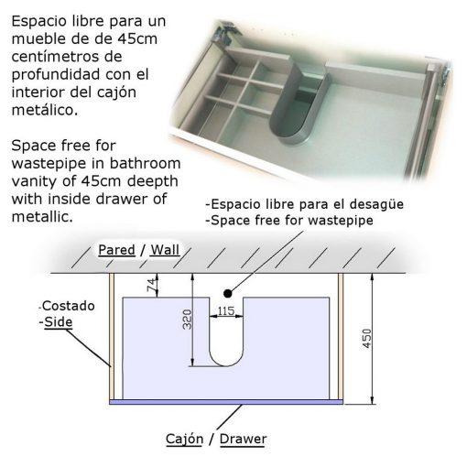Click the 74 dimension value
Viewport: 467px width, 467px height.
click(x=152, y=284)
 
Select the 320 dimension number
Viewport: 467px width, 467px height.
click(x=187, y=320)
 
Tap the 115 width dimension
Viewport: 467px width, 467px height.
click(x=226, y=310)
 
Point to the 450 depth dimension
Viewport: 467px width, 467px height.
click(x=366, y=338)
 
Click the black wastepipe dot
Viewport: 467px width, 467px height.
click(x=227, y=293)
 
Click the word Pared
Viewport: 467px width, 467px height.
click(x=116, y=250)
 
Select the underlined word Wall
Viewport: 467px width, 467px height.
click(x=165, y=250)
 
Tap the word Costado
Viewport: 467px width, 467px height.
click(x=69, y=306)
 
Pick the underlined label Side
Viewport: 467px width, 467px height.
click(x=59, y=322)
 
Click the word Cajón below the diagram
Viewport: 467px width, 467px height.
click(x=184, y=439)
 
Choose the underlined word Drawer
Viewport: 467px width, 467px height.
click(x=243, y=439)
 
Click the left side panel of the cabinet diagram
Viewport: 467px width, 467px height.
click(x=112, y=336)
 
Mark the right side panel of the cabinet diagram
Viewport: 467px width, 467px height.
click(x=341, y=336)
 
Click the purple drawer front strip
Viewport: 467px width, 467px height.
click(x=226, y=402)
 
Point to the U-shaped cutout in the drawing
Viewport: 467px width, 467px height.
click(x=226, y=366)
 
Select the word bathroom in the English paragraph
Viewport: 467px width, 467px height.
click(x=145, y=163)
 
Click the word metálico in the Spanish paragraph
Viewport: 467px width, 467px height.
click(x=45, y=110)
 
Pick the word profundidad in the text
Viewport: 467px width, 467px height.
click(x=56, y=74)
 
